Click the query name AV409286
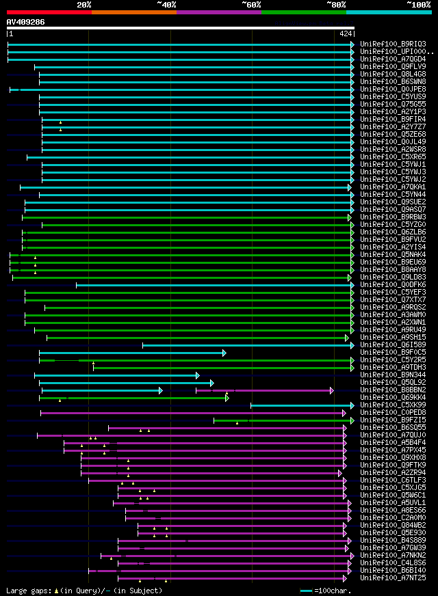click(x=26, y=22)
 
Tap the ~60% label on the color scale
click(x=251, y=4)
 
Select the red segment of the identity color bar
click(x=49, y=12)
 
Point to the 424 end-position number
click(x=346, y=33)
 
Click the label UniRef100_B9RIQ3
click(x=393, y=44)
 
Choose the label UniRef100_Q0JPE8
click(x=393, y=89)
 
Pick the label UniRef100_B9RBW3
click(x=393, y=217)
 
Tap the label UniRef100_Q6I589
click(x=393, y=344)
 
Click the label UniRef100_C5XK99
click(x=393, y=405)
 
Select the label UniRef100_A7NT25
click(x=393, y=578)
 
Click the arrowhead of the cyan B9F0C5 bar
click(x=224, y=353)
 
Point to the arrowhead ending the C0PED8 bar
click(x=344, y=413)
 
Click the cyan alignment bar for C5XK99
click(x=301, y=405)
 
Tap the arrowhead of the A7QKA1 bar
click(x=349, y=187)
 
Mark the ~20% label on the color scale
click(x=84, y=4)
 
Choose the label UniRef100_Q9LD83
click(x=393, y=277)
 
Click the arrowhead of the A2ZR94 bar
click(x=339, y=473)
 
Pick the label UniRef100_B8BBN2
click(x=393, y=390)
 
